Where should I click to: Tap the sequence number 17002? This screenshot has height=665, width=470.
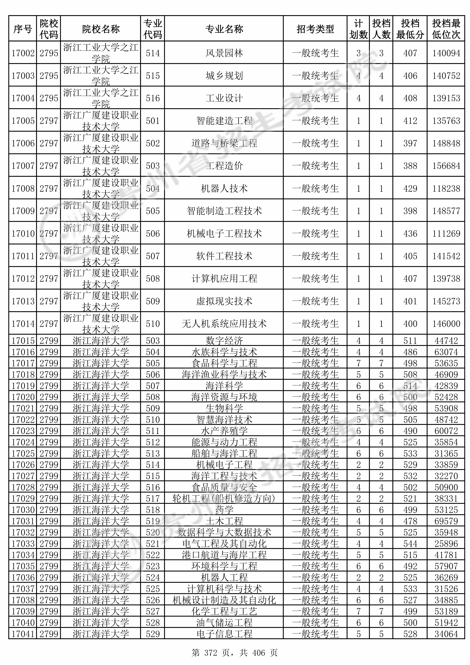pos(23,53)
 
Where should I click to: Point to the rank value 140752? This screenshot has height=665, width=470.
pos(446,76)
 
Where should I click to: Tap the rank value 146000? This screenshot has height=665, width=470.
pos(446,324)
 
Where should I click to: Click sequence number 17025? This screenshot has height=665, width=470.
pos(23,453)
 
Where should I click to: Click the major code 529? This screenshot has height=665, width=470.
pos(153,634)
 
